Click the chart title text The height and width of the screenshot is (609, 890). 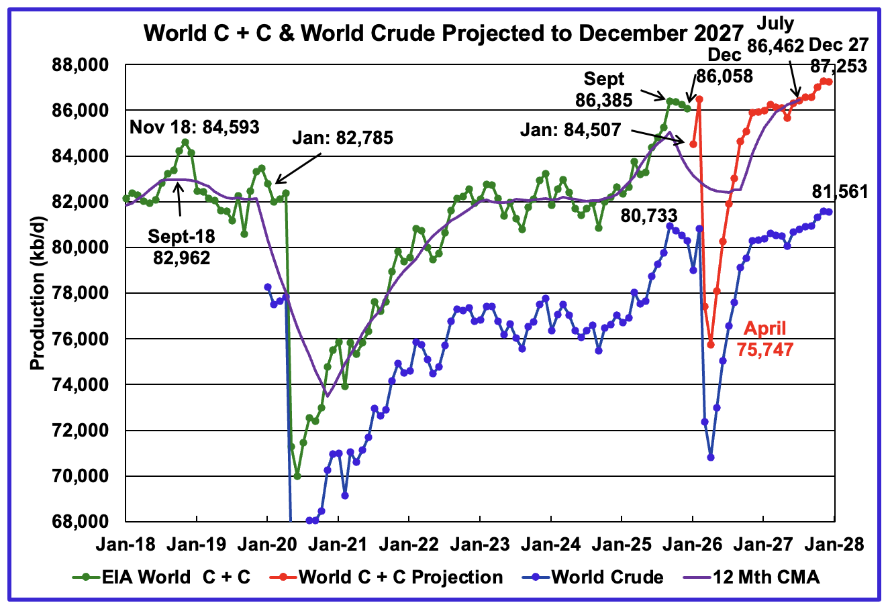pos(444,32)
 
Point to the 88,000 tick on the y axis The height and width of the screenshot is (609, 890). pos(81,65)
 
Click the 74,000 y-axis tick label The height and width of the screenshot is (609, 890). pos(81,385)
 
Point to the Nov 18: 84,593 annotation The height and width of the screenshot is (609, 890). pos(195,127)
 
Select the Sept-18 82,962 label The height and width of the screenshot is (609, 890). pos(179,247)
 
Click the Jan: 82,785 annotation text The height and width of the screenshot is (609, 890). pos(342,139)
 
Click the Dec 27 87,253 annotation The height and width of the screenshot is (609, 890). pos(838,56)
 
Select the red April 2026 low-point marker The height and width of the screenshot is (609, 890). pos(711,345)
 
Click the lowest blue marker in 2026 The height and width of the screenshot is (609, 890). pos(711,457)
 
